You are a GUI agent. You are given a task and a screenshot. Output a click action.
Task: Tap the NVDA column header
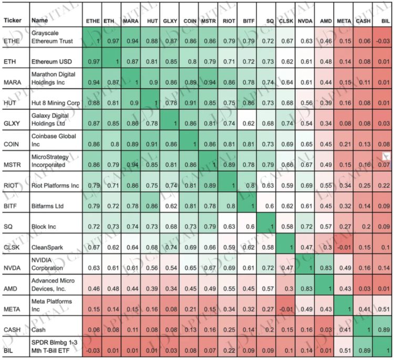(304, 21)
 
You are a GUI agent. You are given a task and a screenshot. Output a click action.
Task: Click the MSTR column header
(208, 21)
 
